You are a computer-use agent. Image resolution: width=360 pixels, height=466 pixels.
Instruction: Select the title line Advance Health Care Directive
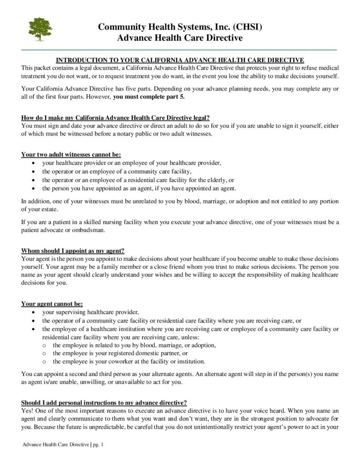point(180,38)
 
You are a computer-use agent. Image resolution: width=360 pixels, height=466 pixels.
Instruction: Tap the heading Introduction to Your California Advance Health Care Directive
point(179,60)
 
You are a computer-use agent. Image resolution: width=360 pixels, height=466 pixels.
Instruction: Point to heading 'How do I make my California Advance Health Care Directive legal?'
point(115,117)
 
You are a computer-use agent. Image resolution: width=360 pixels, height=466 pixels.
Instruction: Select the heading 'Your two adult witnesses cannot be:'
point(71,154)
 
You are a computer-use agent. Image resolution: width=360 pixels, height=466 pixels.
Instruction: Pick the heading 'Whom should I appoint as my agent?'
point(73,251)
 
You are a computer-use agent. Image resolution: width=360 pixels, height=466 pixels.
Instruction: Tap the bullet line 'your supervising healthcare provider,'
point(90,312)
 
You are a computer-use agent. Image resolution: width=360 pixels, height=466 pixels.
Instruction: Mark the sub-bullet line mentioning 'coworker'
point(129,362)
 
